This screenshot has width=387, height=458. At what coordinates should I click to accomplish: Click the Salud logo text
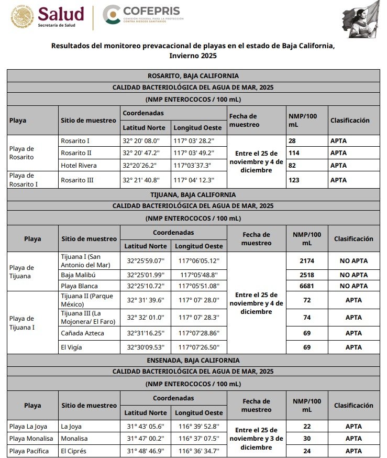61,14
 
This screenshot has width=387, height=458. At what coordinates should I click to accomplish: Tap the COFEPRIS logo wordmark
151,11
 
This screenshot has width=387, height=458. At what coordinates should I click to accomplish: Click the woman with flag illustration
362,19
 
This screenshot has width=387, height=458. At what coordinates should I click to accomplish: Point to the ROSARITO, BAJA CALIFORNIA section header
193,75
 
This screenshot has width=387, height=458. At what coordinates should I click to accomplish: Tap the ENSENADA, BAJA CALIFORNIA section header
193,360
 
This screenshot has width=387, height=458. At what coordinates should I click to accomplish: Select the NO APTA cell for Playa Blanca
353,286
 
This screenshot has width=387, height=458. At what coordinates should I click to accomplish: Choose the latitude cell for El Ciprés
146,451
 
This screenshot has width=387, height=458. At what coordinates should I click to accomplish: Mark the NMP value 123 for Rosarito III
295,180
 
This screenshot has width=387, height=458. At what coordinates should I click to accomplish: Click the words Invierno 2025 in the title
193,55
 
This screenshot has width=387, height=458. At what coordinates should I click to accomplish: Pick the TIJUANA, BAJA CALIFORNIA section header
193,194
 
